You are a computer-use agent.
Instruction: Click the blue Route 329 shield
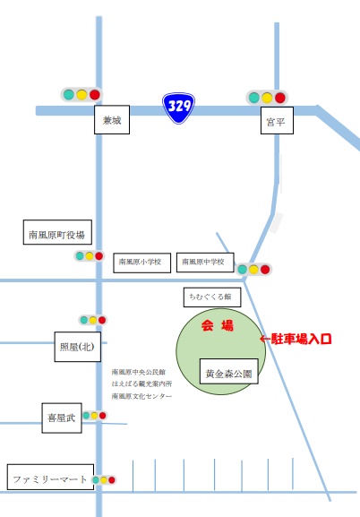pyautogui.click(x=179, y=108)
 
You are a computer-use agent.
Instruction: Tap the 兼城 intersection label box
pyautogui.click(x=112, y=120)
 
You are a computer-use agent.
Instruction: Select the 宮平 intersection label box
pyautogui.click(x=277, y=120)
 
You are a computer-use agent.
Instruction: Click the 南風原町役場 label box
pyautogui.click(x=57, y=232)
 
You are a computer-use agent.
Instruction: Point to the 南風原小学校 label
pyautogui.click(x=142, y=263)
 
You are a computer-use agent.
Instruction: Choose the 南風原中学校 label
pyautogui.click(x=205, y=263)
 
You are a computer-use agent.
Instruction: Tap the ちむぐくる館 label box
pyautogui.click(x=212, y=297)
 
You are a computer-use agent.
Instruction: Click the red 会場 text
pyautogui.click(x=218, y=326)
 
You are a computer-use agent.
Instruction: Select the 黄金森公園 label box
pyautogui.click(x=228, y=371)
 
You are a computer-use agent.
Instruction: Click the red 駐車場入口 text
pyautogui.click(x=301, y=339)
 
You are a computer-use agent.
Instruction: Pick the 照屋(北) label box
pyautogui.click(x=78, y=347)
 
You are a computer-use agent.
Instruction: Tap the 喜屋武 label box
pyautogui.click(x=62, y=418)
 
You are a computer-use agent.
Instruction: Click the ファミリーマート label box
pyautogui.click(x=50, y=477)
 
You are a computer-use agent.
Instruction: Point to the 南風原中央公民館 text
pyautogui.click(x=139, y=372)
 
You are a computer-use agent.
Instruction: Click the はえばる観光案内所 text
pyautogui.click(x=141, y=383)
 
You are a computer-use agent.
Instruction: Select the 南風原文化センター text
pyautogui.click(x=141, y=396)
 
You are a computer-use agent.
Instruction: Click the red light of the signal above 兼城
pyautogui.click(x=95, y=95)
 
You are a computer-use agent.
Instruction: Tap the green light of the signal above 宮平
pyautogui.click(x=253, y=98)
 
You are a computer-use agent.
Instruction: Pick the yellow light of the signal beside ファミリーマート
pyautogui.click(x=104, y=480)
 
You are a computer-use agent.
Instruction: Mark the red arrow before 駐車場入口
pyautogui.click(x=265, y=339)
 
